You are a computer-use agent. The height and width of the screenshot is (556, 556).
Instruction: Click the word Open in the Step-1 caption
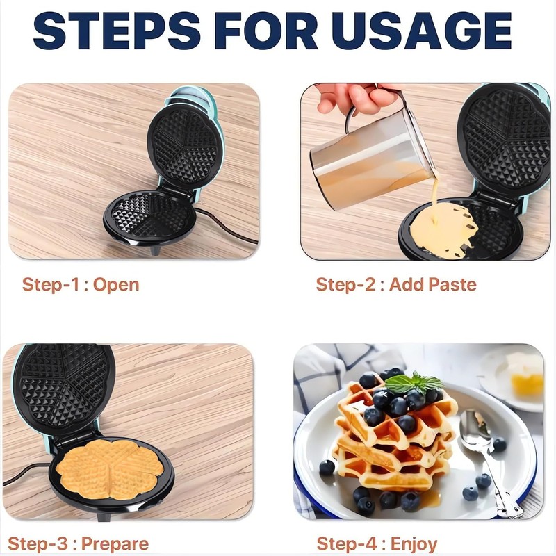click(x=116, y=284)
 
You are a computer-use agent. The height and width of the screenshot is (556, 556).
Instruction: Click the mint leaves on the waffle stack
click(x=414, y=382)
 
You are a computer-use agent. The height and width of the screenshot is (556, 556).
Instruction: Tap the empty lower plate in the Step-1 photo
click(x=149, y=215)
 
